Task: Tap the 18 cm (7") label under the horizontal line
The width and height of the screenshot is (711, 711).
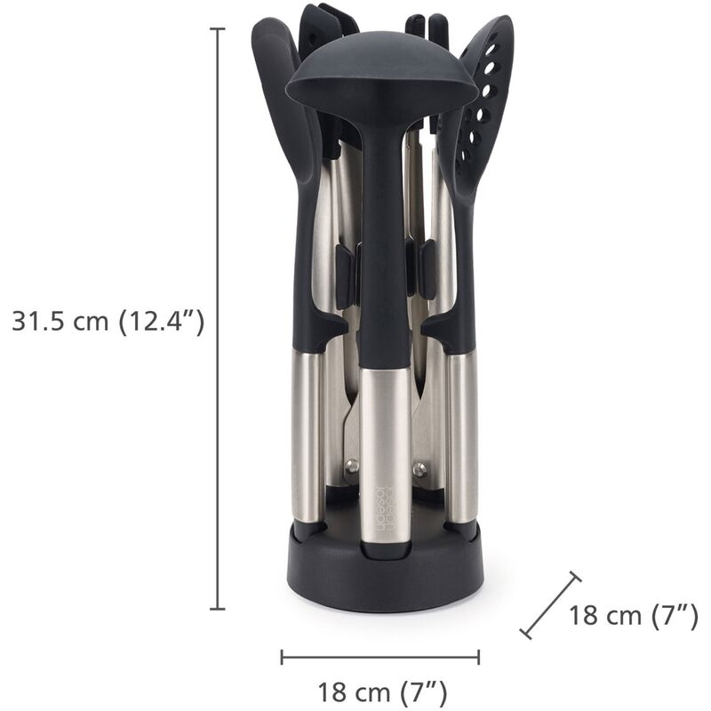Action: [381, 691]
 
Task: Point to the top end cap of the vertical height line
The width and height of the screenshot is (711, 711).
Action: [217, 29]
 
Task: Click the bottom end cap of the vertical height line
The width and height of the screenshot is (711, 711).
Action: [217, 609]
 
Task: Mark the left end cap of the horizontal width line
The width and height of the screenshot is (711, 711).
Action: [282, 657]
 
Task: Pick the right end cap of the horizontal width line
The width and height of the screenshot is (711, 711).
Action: [479, 657]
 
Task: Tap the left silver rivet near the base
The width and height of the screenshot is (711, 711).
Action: [353, 465]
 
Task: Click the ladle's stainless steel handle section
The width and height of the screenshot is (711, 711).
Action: [385, 444]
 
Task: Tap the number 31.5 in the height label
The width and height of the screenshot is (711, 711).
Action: [36, 321]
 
